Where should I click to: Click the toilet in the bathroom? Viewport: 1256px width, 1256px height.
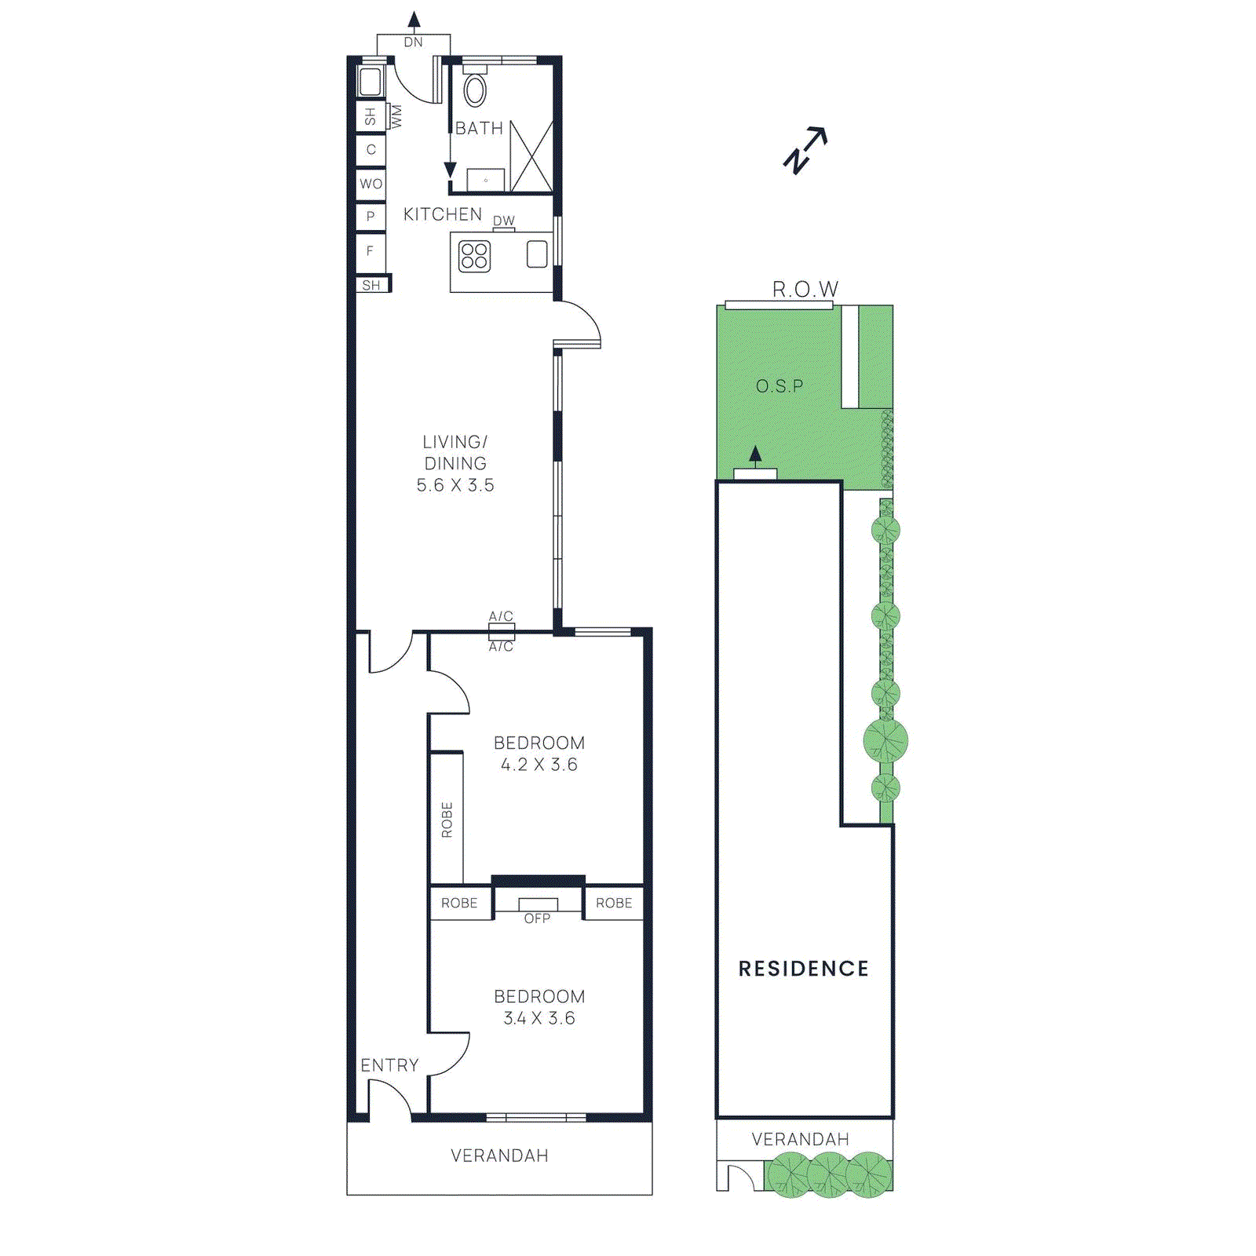click(x=474, y=89)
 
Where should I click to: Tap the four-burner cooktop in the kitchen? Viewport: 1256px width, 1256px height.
click(x=474, y=256)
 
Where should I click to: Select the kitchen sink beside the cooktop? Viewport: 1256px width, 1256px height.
click(x=537, y=254)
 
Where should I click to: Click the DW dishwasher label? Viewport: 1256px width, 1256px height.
click(x=504, y=221)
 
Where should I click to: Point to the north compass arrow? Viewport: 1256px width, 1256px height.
click(x=805, y=150)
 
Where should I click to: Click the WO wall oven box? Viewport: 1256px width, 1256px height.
click(x=371, y=184)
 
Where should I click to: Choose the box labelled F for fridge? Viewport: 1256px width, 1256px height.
click(x=371, y=251)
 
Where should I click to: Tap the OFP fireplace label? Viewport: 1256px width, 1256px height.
click(x=538, y=918)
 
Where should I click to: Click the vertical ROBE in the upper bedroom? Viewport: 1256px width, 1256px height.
click(x=447, y=820)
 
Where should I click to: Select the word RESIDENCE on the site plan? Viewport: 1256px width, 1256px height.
click(x=804, y=969)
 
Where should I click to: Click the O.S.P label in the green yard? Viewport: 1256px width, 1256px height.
click(x=780, y=386)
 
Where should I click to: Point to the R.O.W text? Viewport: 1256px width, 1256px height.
click(x=805, y=290)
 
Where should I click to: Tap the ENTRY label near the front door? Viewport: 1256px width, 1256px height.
click(x=389, y=1065)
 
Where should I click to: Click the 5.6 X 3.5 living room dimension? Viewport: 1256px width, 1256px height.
click(x=455, y=485)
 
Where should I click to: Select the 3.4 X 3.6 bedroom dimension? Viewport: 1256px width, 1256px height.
click(x=539, y=1018)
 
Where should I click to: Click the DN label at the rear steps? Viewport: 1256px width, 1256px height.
click(x=414, y=42)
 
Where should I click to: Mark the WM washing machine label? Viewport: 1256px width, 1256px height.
click(x=396, y=116)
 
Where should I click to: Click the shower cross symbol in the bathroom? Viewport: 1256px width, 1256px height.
click(x=531, y=157)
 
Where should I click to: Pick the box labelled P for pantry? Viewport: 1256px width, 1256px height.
click(x=371, y=216)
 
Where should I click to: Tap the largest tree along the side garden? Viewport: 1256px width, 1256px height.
click(x=885, y=740)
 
